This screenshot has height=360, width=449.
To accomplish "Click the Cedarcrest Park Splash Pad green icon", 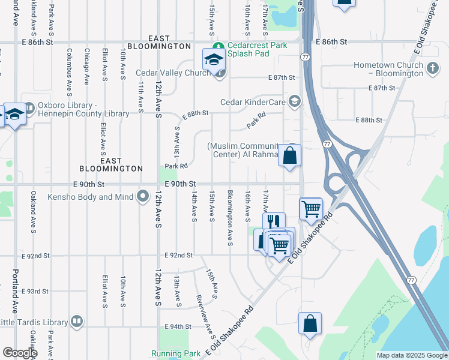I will pyautogui.click(x=220, y=46).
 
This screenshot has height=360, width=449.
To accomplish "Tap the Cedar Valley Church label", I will pyautogui.click(x=173, y=73).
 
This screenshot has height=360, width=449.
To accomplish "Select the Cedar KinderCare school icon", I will pyautogui.click(x=294, y=101).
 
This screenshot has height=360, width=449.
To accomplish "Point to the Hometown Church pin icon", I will pyautogui.click(x=433, y=70).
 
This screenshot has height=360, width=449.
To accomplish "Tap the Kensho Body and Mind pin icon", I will pyautogui.click(x=143, y=196).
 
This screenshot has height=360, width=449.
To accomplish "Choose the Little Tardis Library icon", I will pyautogui.click(x=76, y=322).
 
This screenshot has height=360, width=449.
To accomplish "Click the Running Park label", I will pyautogui.click(x=176, y=354).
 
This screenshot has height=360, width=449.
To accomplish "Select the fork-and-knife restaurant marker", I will pyautogui.click(x=274, y=223).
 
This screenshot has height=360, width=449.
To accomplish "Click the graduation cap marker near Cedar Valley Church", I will pyautogui.click(x=213, y=59).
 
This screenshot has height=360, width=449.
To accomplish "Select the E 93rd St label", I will pyautogui.click(x=35, y=292).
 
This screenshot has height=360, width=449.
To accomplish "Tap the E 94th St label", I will pyautogui.click(x=178, y=326).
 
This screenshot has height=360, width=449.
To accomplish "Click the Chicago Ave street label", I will pyautogui.click(x=86, y=67).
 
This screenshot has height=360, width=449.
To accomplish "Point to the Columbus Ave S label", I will pyautogui.click(x=69, y=72).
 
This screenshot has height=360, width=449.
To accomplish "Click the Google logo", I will pyautogui.click(x=20, y=353).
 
